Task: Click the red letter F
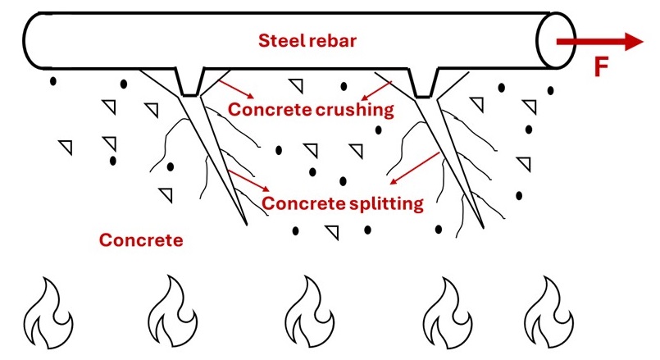(x=602, y=67)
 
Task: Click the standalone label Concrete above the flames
(x=140, y=240)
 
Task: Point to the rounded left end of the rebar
(x=30, y=41)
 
